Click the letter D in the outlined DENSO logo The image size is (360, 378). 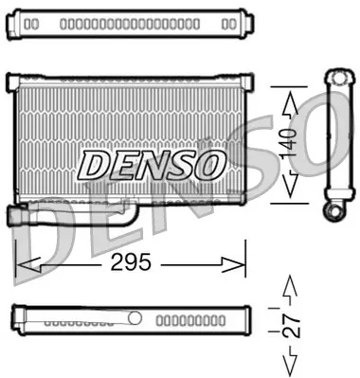pyautogui.click(x=96, y=164)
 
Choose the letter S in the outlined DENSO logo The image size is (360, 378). pyautogui.click(x=181, y=164)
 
